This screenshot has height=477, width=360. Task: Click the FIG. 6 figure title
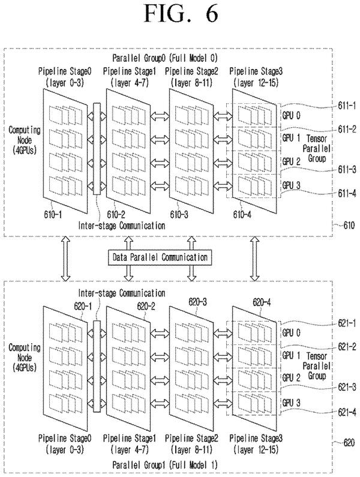click(181, 14)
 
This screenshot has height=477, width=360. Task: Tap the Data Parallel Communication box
click(160, 257)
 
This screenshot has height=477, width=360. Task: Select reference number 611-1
click(347, 106)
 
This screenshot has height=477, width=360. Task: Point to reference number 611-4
click(347, 193)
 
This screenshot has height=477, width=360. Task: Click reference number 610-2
click(116, 215)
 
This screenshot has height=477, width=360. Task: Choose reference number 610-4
click(242, 215)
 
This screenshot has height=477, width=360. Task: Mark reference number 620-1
click(83, 306)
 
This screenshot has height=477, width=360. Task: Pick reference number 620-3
click(198, 302)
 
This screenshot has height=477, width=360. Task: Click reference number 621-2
click(347, 346)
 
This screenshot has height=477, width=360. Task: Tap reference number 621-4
click(347, 412)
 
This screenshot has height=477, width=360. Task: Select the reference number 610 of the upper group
click(349, 226)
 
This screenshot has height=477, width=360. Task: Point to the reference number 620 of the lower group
click(349, 442)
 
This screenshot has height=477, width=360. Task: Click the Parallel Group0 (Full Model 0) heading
click(165, 58)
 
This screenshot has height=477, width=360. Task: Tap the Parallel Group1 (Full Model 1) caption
click(165, 465)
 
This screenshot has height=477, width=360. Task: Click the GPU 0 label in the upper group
click(291, 115)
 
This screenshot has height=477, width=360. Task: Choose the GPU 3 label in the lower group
click(291, 403)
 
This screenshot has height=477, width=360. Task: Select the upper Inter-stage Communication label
click(122, 226)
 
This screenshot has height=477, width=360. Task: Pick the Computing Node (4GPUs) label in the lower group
click(25, 358)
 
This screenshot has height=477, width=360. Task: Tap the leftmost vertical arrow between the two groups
click(65, 259)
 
